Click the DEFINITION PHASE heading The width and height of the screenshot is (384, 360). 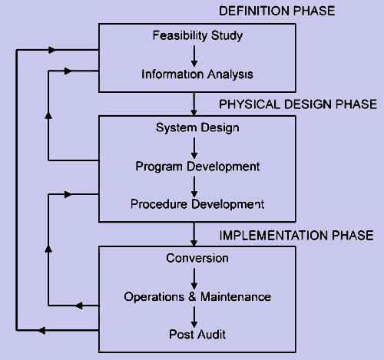(x=277, y=11)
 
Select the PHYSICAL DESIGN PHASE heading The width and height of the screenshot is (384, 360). (x=298, y=104)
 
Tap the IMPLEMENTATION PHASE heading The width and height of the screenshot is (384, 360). (x=296, y=236)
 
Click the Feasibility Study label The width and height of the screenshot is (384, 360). (x=197, y=36)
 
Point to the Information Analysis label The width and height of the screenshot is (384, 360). (x=197, y=74)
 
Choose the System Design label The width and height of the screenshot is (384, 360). (x=197, y=128)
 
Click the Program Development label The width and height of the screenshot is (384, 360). (x=197, y=167)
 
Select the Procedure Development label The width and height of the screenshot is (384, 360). (x=197, y=204)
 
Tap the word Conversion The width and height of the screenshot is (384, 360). (x=197, y=258)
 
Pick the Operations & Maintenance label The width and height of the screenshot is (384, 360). (x=197, y=297)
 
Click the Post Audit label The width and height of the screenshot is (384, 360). (x=197, y=335)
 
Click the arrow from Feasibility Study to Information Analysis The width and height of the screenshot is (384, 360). (x=194, y=56)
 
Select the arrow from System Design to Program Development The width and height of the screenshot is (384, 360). (x=194, y=148)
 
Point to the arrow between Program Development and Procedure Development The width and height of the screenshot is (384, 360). (x=194, y=187)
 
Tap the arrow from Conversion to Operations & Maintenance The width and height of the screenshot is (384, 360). (x=194, y=279)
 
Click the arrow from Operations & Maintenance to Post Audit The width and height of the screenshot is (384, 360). (x=194, y=317)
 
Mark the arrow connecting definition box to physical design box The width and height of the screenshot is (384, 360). (x=194, y=104)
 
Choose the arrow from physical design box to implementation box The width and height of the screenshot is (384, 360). (x=194, y=234)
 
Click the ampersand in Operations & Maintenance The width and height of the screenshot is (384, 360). (x=192, y=297)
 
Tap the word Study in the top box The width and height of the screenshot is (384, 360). (x=227, y=36)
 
